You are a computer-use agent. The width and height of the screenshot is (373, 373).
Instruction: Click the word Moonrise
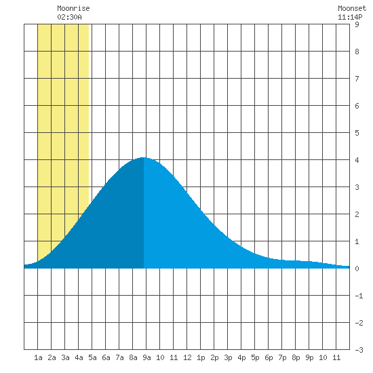click(x=73, y=8)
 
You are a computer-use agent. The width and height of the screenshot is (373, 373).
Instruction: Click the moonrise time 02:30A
click(x=69, y=17)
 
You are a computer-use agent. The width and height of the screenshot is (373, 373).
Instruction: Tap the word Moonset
click(x=352, y=8)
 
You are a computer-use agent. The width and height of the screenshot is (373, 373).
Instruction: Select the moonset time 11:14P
click(x=350, y=17)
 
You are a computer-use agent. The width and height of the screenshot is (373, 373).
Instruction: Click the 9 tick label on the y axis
click(x=357, y=24)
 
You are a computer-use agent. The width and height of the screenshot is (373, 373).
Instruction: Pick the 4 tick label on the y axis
click(x=357, y=160)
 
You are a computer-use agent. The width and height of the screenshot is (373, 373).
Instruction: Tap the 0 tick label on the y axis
click(x=357, y=269)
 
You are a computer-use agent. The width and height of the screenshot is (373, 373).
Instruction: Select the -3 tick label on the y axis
click(x=359, y=350)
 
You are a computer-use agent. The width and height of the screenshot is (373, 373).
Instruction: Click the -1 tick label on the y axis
click(x=359, y=296)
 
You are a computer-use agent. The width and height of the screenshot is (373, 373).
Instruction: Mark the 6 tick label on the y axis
click(x=357, y=106)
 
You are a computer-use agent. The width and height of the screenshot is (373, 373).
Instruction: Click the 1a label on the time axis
click(x=38, y=357)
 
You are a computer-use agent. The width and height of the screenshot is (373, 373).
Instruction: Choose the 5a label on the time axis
click(x=92, y=357)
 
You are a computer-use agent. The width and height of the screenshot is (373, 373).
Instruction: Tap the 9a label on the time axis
click(x=146, y=357)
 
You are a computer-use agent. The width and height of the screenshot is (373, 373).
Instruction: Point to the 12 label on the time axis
click(x=187, y=357)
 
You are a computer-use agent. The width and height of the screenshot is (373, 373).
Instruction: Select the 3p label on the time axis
click(x=228, y=357)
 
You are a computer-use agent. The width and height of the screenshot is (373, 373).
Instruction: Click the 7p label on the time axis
click(x=282, y=357)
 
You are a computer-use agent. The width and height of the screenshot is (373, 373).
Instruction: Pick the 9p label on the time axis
click(x=309, y=357)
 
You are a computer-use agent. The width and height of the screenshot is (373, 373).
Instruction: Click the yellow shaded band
click(x=63, y=119)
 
